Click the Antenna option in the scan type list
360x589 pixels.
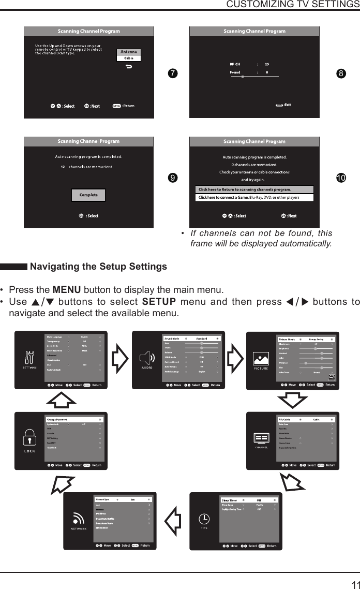coord(129,52)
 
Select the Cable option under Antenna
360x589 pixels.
coord(129,58)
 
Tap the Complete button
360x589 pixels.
coord(88,195)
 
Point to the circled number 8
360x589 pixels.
coord(340,73)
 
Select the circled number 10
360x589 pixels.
coord(340,178)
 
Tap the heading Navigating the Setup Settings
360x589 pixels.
coord(99,267)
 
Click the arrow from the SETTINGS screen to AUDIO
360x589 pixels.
coord(120,358)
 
